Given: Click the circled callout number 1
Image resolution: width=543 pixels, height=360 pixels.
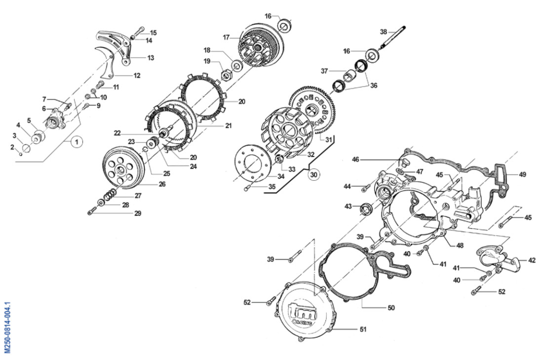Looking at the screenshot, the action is coord(77,141).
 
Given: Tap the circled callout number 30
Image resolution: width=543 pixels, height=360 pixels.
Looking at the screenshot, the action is coord(314,175).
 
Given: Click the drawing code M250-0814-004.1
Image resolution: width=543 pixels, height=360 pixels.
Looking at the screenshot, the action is coord(7,327).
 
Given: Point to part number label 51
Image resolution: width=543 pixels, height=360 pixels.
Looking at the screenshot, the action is coord(363,329).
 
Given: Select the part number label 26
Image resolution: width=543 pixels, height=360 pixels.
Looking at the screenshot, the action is coord(162,184).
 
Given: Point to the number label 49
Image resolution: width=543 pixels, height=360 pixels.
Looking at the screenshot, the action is coord(523,174).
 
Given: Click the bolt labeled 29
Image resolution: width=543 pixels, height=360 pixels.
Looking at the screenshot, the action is coord(92,211).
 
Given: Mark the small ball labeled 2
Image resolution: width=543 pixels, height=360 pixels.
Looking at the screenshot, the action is coord(21,154).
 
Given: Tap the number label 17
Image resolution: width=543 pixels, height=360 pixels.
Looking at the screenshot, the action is coord(226,37).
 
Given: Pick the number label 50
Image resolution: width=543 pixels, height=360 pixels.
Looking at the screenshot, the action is coord(391,308).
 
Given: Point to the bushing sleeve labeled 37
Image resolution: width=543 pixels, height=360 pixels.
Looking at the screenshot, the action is coord(349,76).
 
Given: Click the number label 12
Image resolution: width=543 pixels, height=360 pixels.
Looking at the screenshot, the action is coord(137,76).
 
